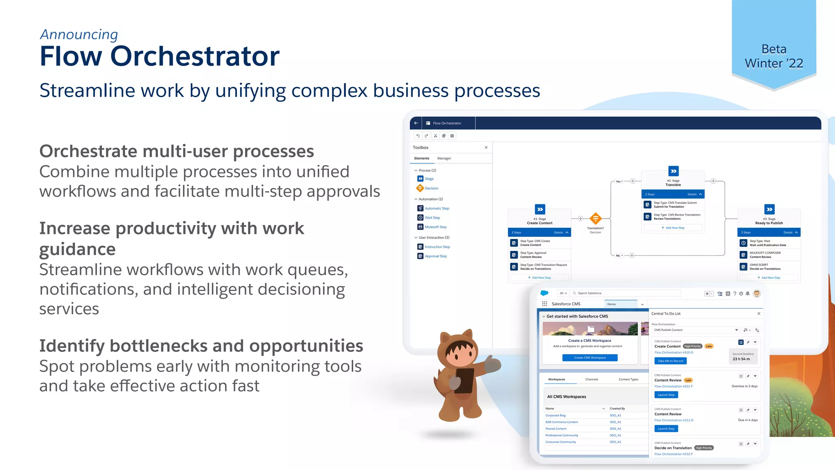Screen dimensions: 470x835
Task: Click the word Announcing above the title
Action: pyautogui.click(x=79, y=35)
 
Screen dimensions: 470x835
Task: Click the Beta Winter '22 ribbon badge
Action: pyautogui.click(x=773, y=56)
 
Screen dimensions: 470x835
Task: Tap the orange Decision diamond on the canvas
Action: pyautogui.click(x=595, y=218)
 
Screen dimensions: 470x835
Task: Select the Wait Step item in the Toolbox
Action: pyautogui.click(x=432, y=218)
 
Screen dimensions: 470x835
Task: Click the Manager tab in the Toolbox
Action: pyautogui.click(x=444, y=158)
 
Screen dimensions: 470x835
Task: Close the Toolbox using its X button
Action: pyautogui.click(x=486, y=148)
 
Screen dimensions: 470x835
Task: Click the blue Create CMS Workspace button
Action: pyautogui.click(x=590, y=357)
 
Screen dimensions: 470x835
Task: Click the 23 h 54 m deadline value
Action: pyautogui.click(x=741, y=359)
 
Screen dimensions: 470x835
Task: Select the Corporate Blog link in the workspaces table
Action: pyautogui.click(x=555, y=415)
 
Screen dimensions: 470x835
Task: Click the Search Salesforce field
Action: pyautogui.click(x=626, y=293)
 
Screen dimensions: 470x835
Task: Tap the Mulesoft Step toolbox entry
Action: pyautogui.click(x=435, y=227)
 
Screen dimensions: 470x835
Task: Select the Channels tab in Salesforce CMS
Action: pyautogui.click(x=592, y=379)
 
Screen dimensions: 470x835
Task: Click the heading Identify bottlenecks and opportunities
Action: pyautogui.click(x=201, y=346)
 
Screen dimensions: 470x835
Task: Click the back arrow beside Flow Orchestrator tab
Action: pyautogui.click(x=416, y=123)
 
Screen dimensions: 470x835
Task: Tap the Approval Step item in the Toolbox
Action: pyautogui.click(x=435, y=256)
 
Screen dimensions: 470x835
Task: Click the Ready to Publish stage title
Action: pyautogui.click(x=769, y=223)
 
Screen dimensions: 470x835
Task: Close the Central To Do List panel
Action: pyautogui.click(x=758, y=313)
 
